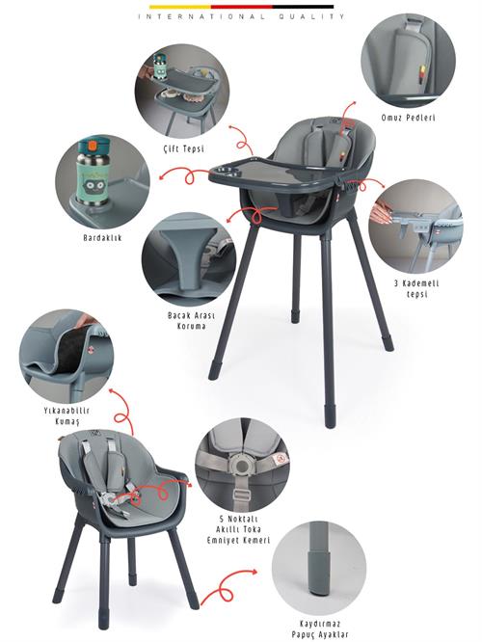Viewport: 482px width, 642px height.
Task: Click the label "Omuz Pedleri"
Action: point(408,118)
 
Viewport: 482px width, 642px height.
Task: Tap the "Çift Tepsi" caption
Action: point(182,148)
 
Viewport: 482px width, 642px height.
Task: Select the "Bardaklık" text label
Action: point(102,237)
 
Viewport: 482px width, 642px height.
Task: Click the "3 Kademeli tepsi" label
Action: point(416,288)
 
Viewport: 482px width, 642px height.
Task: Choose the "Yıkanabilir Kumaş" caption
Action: point(67,415)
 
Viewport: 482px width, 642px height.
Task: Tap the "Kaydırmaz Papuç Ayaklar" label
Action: point(320,629)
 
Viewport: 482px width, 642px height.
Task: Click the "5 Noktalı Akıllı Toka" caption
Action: point(238,523)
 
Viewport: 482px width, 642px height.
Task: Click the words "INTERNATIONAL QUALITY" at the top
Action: point(241,16)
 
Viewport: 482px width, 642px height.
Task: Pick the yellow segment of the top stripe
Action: point(179,7)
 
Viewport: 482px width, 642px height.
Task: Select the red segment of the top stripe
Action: point(242,7)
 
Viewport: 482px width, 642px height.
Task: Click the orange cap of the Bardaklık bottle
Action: point(94,145)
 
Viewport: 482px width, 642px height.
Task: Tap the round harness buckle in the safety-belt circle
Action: point(242,466)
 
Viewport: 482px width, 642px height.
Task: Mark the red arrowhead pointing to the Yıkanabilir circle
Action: point(112,391)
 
